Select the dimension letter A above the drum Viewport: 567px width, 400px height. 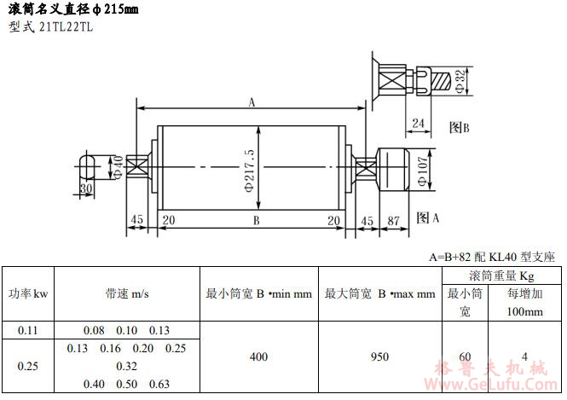point(252,102)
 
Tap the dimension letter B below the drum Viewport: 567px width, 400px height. point(255,220)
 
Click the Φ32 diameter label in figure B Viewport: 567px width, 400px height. point(460,81)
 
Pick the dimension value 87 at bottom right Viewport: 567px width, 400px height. point(393,220)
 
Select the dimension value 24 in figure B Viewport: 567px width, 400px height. point(418,123)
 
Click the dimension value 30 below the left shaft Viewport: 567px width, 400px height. point(85,188)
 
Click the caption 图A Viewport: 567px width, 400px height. point(428,218)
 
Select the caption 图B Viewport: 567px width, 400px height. point(460,127)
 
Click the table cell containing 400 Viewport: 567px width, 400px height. point(258,357)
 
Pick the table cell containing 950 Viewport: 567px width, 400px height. point(379,357)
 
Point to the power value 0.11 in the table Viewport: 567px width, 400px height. point(28,329)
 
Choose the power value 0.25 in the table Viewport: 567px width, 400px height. point(28,366)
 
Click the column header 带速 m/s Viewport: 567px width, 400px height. point(128,293)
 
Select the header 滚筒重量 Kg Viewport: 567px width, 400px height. point(501,275)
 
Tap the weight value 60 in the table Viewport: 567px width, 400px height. point(465,357)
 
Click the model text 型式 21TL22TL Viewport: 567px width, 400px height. point(51,26)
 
